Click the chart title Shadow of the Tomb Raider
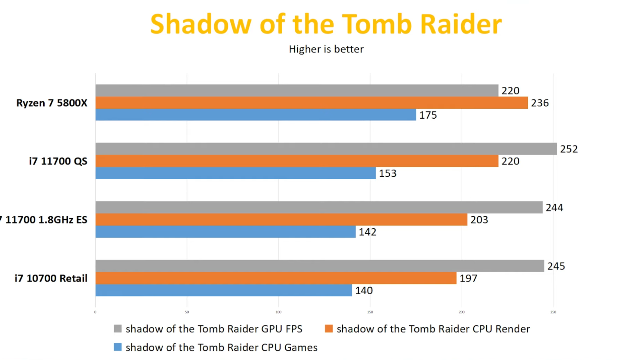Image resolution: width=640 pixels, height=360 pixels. pyautogui.click(x=326, y=24)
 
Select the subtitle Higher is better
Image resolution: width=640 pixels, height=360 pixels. pyautogui.click(x=326, y=49)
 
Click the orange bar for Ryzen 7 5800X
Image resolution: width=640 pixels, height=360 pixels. pyautogui.click(x=311, y=103)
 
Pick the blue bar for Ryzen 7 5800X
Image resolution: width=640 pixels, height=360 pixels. pyautogui.click(x=256, y=115)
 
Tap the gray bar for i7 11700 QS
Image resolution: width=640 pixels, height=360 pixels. pyautogui.click(x=326, y=149)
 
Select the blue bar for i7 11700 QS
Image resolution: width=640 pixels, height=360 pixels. pyautogui.click(x=235, y=173)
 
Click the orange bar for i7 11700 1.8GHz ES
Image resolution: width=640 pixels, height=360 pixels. pyautogui.click(x=281, y=219)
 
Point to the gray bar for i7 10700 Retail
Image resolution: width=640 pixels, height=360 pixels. pyautogui.click(x=320, y=266)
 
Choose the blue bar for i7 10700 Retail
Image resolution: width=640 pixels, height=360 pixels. pyautogui.click(x=224, y=290)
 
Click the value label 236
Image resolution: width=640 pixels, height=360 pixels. pyautogui.click(x=540, y=103)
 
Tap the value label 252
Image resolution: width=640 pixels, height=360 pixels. pyautogui.click(x=569, y=149)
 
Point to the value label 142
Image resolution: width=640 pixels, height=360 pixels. pyautogui.click(x=367, y=232)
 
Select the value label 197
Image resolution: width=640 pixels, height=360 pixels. pyautogui.click(x=469, y=278)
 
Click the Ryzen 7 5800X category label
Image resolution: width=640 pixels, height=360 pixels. pyautogui.click(x=52, y=103)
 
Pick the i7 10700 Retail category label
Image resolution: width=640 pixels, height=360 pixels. pyautogui.click(x=51, y=278)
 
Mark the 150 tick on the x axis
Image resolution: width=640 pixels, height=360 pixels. pyautogui.click(x=370, y=312)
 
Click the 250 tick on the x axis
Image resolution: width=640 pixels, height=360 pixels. pyautogui.click(x=553, y=312)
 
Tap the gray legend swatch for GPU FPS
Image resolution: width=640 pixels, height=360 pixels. pyautogui.click(x=118, y=329)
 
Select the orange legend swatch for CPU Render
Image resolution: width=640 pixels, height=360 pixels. pyautogui.click(x=329, y=329)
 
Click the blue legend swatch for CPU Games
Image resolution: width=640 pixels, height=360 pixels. pyautogui.click(x=118, y=347)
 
